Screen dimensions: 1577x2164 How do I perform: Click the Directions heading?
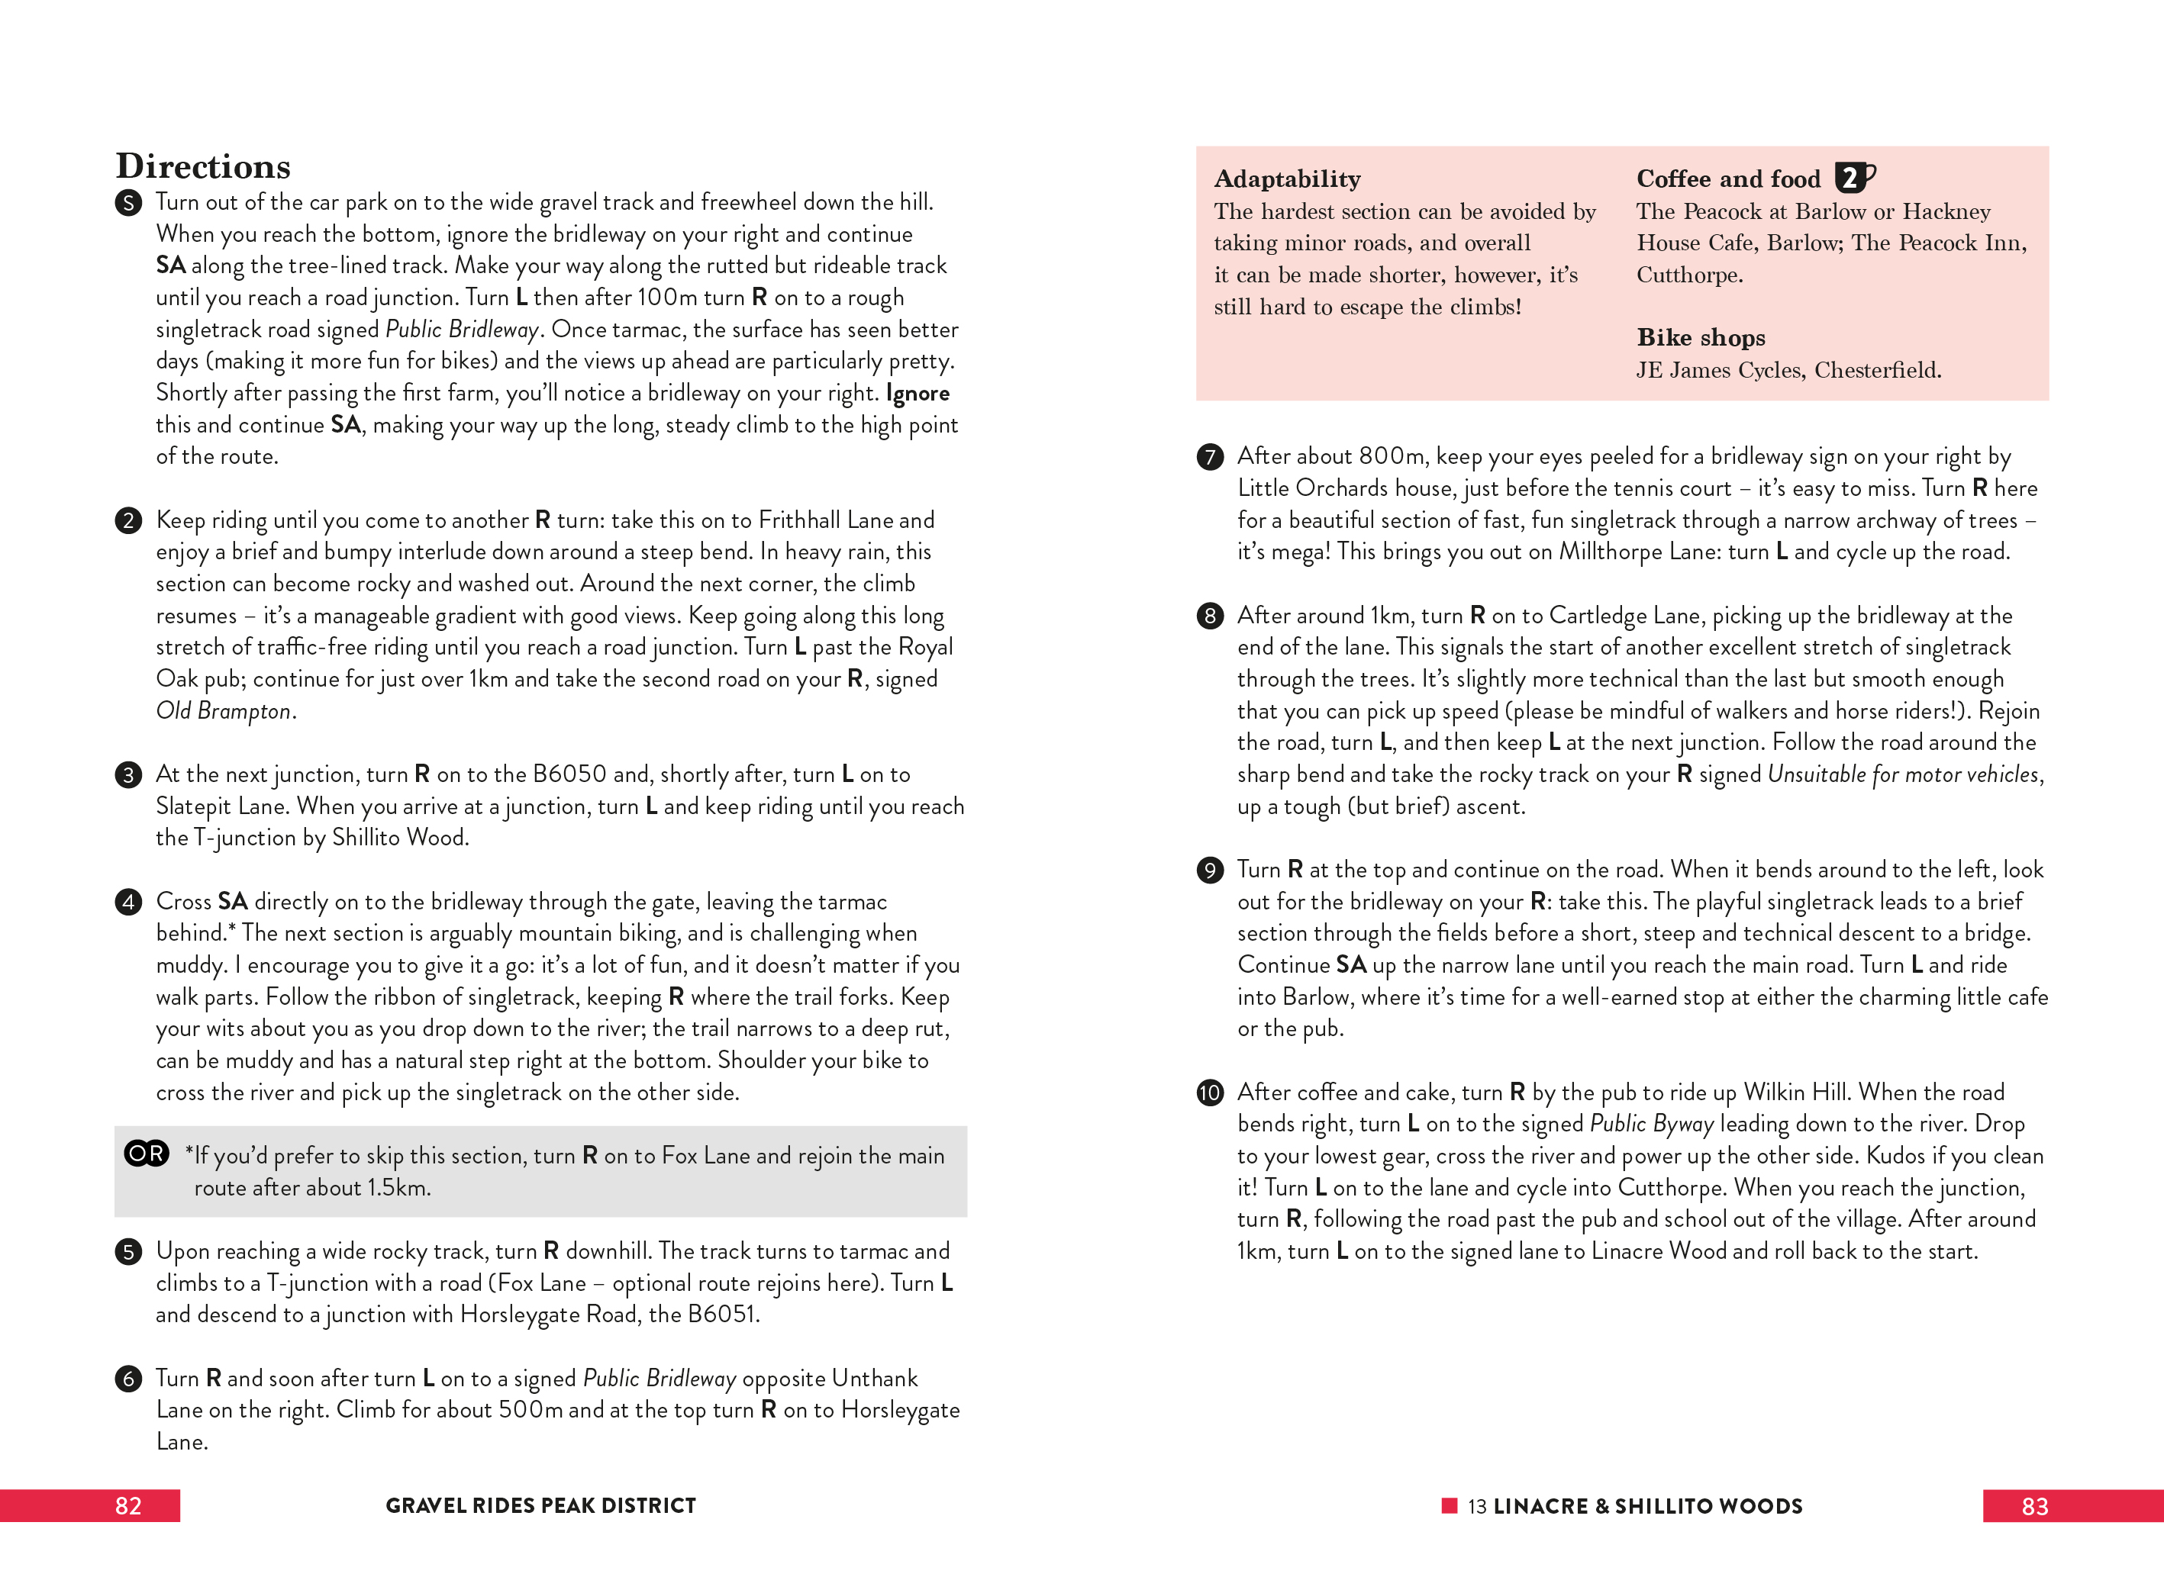tap(202, 166)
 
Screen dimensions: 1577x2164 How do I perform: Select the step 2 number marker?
tap(128, 520)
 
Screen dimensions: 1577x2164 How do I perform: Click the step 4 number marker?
tap(128, 902)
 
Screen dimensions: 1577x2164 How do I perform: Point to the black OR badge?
tap(146, 1154)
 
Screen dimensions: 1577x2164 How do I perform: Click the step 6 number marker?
tap(128, 1379)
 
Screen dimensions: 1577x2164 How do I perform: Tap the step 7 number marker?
tap(1210, 456)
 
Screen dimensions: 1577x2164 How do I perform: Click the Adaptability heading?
tap(1286, 179)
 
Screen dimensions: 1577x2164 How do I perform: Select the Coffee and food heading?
tap(1728, 179)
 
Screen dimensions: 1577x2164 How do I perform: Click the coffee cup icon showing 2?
tap(1853, 178)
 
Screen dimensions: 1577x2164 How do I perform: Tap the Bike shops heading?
tap(1701, 337)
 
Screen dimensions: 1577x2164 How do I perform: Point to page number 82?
tap(128, 1505)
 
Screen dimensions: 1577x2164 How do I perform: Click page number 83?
tap(2034, 1506)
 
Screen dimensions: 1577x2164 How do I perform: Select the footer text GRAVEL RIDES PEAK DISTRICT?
tap(540, 1505)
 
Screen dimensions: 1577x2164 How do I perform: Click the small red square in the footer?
tap(1449, 1505)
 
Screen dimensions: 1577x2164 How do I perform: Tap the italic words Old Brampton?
tap(224, 711)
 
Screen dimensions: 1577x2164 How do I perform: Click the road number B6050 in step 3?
tap(569, 774)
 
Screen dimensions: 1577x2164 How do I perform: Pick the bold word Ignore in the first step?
tap(918, 393)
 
